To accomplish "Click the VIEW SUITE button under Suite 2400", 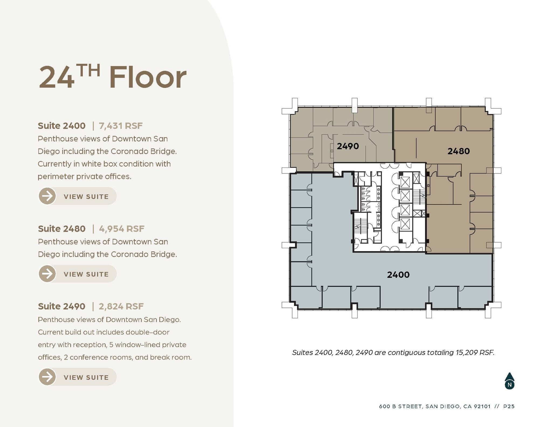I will tap(78, 196).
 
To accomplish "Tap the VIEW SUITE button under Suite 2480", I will tap(78, 274).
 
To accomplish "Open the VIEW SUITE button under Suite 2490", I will tap(78, 377).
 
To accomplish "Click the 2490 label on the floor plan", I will tap(348, 146).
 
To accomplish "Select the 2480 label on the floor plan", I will tap(458, 151).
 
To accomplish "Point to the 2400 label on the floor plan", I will tap(398, 275).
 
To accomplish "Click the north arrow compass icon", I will tap(509, 381).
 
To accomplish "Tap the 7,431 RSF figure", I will tap(120, 126).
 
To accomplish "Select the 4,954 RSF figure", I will tap(122, 229).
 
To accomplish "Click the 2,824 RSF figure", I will tap(121, 306).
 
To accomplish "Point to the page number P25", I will tap(509, 406).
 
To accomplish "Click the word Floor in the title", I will tap(148, 77).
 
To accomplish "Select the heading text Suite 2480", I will tap(62, 229).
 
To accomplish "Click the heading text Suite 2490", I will tap(62, 306).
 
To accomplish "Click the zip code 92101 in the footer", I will tap(482, 406).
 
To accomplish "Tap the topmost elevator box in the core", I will tap(405, 182).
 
